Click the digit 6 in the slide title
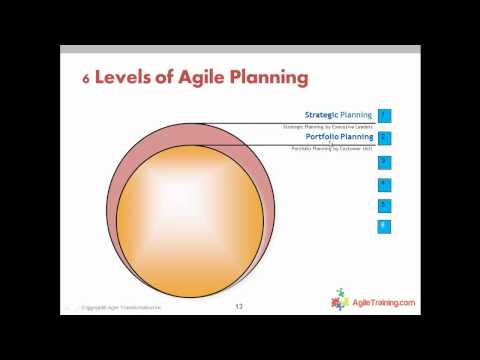click(85, 77)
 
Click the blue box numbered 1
click(384, 116)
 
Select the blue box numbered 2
click(384, 138)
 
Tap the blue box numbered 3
click(384, 161)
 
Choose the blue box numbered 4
click(384, 183)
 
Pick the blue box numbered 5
click(384, 205)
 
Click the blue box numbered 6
click(384, 227)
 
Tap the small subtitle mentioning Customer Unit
click(332, 148)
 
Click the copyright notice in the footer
click(126, 307)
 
